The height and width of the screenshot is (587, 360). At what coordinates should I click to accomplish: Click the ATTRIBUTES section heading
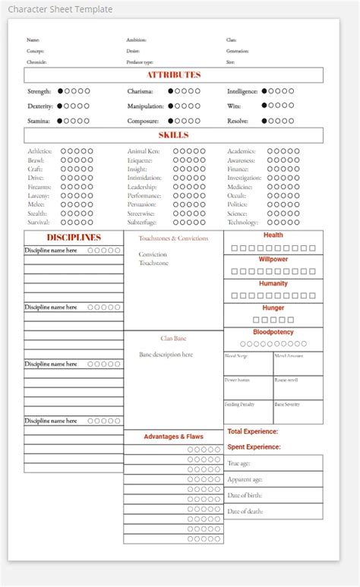click(174, 75)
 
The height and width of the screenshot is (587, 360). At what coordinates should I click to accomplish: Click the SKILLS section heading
click(174, 135)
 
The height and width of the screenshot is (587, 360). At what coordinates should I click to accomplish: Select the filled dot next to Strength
click(61, 91)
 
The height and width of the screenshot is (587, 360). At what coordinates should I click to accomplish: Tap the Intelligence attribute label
click(242, 91)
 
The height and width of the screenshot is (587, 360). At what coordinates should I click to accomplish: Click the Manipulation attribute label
click(145, 106)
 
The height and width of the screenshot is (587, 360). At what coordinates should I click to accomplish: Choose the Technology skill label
click(242, 222)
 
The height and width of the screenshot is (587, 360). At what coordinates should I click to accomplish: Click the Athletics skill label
click(39, 151)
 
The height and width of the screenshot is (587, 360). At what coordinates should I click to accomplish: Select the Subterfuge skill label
click(142, 222)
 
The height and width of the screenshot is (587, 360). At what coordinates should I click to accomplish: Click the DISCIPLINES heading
click(74, 238)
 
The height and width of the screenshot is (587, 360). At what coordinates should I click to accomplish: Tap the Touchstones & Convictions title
click(173, 238)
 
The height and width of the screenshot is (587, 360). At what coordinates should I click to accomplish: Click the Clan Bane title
click(173, 338)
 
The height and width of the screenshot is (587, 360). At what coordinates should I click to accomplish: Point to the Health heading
click(273, 235)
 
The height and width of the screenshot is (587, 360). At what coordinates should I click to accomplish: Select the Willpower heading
click(273, 260)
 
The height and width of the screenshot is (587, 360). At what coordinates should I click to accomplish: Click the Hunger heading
click(273, 308)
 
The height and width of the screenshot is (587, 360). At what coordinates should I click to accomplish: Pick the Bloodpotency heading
click(273, 332)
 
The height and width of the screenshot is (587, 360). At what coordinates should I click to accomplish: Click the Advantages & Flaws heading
click(173, 437)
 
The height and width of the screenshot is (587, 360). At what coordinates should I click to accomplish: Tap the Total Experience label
click(252, 431)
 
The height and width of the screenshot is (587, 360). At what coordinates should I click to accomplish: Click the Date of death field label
click(245, 511)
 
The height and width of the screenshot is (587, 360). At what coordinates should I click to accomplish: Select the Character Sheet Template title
click(60, 9)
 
